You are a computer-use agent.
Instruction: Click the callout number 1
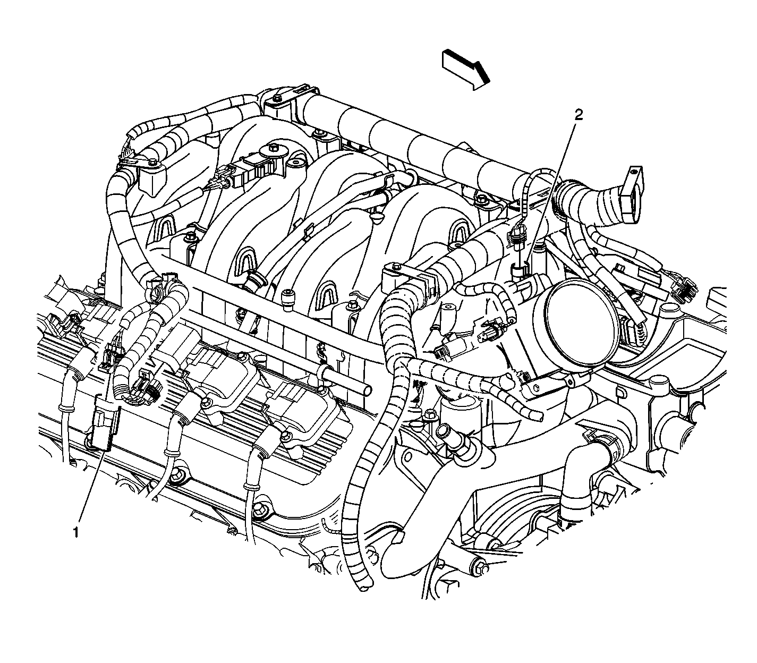[x=76, y=533]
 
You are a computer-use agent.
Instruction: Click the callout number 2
[x=579, y=115]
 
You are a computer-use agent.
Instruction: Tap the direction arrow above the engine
[x=466, y=70]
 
